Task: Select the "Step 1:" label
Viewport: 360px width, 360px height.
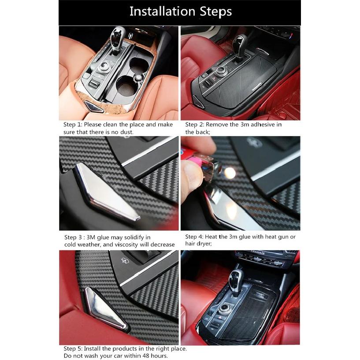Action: tap(72, 125)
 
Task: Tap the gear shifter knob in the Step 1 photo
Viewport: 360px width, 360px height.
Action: tap(118, 35)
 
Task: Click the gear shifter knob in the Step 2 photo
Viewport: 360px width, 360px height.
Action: tap(241, 42)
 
